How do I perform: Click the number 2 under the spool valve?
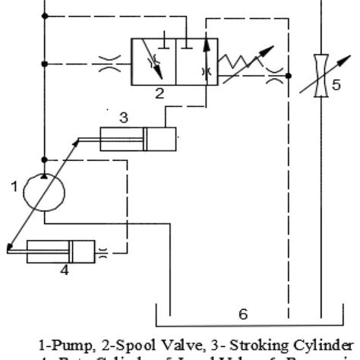pyautogui.click(x=159, y=94)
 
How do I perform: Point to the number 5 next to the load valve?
pyautogui.click(x=336, y=84)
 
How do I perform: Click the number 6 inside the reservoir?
pyautogui.click(x=243, y=311)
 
